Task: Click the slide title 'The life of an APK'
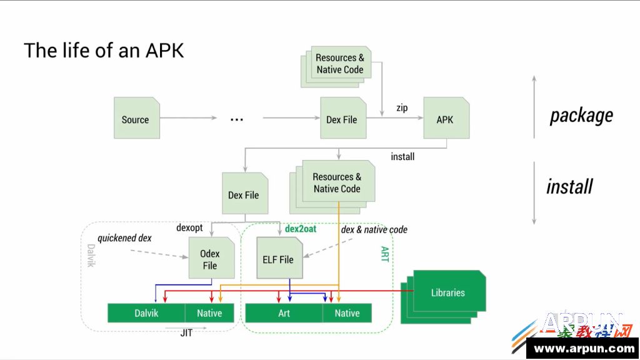(x=104, y=50)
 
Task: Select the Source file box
(x=136, y=119)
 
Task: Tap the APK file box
(x=446, y=119)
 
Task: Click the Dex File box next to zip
(x=342, y=119)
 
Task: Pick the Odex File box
(x=209, y=259)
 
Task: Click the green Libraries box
(x=447, y=292)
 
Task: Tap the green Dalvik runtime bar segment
(x=146, y=313)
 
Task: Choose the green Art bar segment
(x=284, y=313)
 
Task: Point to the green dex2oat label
(x=301, y=229)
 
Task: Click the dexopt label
(x=189, y=228)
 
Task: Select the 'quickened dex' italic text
(x=124, y=238)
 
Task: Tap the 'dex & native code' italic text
(x=374, y=229)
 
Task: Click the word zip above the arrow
(x=402, y=107)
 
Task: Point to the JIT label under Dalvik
(x=186, y=333)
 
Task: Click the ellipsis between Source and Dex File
(x=236, y=119)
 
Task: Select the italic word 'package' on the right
(x=581, y=116)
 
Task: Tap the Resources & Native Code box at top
(x=339, y=64)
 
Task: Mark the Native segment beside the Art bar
(x=347, y=313)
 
